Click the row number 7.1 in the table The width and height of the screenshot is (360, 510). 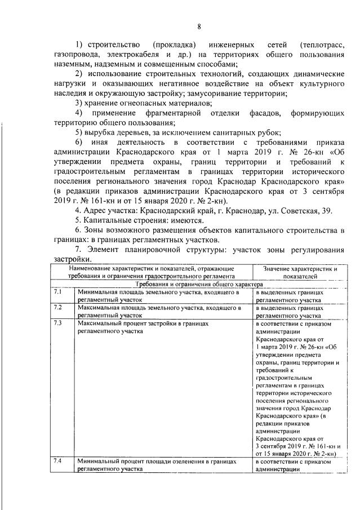58,293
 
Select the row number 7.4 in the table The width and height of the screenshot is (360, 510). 58,460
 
